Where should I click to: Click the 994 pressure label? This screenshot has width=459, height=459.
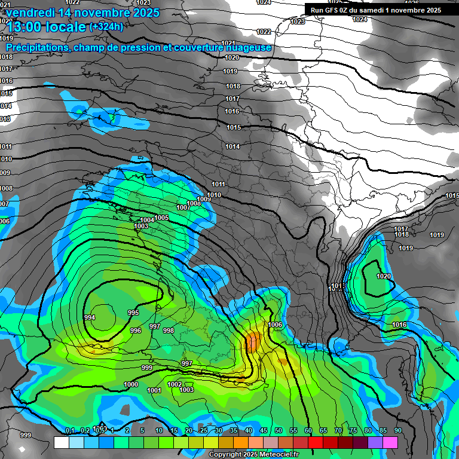pos(90,317)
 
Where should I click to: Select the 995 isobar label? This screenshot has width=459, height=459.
pos(133,313)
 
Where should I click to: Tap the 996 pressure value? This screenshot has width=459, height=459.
pos(136,331)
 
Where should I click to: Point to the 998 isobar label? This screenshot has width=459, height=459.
pos(169,331)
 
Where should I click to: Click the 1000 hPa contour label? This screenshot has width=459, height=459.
pos(131,384)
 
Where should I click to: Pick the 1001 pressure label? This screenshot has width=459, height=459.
pos(154,390)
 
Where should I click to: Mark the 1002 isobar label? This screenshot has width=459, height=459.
pos(175,384)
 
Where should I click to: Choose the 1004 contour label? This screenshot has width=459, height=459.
pos(147,220)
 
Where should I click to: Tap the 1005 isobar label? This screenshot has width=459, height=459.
pos(161,218)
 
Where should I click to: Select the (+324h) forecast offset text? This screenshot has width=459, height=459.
pos(106,26)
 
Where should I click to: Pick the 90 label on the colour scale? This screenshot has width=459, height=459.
pos(397,430)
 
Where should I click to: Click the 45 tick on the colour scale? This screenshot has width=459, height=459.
pos(264,430)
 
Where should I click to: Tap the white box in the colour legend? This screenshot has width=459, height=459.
pos(61,442)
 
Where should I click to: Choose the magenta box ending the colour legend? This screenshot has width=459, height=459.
pos(390,442)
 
